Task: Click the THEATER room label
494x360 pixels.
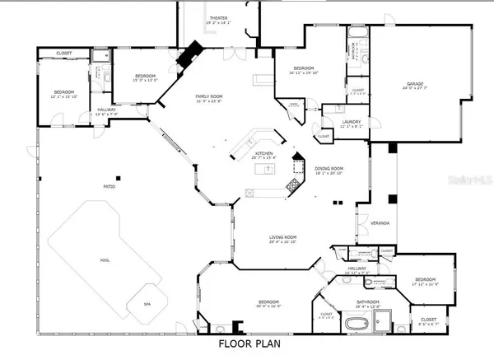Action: click(218, 17)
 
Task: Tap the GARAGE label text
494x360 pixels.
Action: click(413, 84)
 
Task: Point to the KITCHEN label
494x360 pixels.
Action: click(263, 153)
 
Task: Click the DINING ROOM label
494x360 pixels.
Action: click(328, 169)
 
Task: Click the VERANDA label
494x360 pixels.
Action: click(380, 224)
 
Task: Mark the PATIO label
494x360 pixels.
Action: click(109, 188)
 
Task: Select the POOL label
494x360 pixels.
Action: click(105, 259)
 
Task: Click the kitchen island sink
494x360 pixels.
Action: click(267, 170)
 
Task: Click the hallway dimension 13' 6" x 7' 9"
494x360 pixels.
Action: click(107, 115)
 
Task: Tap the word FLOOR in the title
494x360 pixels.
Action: click(235, 346)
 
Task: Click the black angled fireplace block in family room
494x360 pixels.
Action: click(193, 54)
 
